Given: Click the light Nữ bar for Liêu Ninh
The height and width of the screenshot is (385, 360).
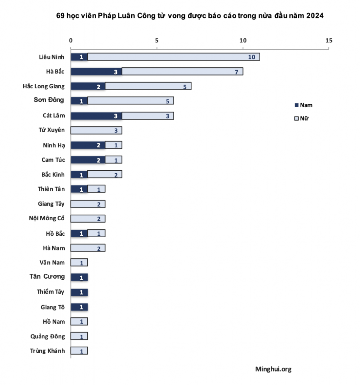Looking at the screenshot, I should pyautogui.click(x=173, y=57).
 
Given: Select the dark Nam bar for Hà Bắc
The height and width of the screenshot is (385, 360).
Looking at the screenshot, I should pyautogui.click(x=96, y=71).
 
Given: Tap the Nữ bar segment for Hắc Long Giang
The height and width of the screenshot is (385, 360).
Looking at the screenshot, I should pyautogui.click(x=148, y=86).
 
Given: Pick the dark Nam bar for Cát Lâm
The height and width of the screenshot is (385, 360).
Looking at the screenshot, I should pyautogui.click(x=96, y=116).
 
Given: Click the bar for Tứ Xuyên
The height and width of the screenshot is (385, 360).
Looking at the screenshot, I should pyautogui.click(x=96, y=130).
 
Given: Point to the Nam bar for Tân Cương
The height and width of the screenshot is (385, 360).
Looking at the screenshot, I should pyautogui.click(x=79, y=277).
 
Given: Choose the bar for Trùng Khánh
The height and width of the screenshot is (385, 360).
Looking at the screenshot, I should pyautogui.click(x=79, y=351).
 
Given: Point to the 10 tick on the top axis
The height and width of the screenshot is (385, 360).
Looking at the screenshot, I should pyautogui.click(x=243, y=41).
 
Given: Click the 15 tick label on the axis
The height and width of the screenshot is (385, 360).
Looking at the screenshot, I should pyautogui.click(x=329, y=41).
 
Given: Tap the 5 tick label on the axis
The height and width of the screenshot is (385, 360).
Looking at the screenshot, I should pyautogui.click(x=157, y=41).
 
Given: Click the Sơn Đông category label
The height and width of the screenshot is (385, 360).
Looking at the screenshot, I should pyautogui.click(x=49, y=100).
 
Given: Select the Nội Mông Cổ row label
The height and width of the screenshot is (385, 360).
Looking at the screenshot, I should pyautogui.click(x=47, y=218).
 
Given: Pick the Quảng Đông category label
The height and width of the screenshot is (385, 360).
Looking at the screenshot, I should pyautogui.click(x=47, y=336).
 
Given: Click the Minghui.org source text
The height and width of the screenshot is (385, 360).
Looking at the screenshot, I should pyautogui.click(x=273, y=369).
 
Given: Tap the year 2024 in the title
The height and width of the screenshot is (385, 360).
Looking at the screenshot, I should pyautogui.click(x=314, y=16).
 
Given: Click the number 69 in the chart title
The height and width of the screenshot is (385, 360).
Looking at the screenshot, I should pyautogui.click(x=60, y=16).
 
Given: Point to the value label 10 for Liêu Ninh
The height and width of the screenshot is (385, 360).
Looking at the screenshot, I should pyautogui.click(x=252, y=57).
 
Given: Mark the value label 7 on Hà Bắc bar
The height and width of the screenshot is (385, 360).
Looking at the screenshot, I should pyautogui.click(x=237, y=72).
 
